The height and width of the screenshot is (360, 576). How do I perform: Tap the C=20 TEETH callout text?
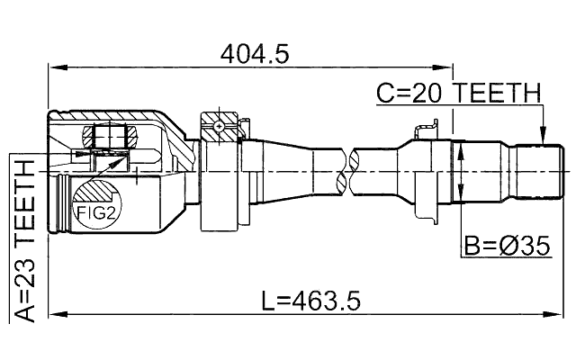point(458,93)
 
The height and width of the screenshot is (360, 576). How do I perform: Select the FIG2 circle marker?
point(94,212)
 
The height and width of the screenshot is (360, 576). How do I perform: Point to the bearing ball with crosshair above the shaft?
point(219,128)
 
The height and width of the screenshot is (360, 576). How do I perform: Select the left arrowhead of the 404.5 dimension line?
point(52,67)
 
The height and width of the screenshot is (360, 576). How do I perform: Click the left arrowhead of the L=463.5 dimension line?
point(52,313)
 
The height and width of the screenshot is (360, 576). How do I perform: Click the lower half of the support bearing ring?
point(220,216)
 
